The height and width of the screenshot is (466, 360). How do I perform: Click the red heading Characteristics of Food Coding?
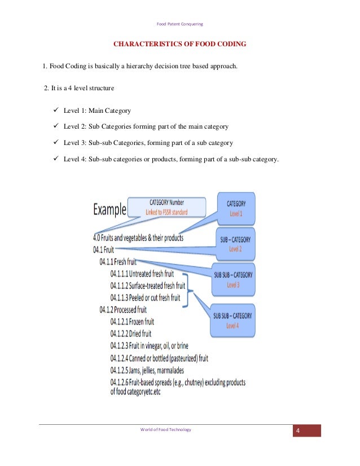click(179, 44)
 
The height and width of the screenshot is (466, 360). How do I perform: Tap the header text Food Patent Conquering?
click(180, 24)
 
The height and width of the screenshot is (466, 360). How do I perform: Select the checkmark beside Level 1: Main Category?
click(56, 110)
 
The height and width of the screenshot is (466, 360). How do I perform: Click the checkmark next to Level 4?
click(56, 159)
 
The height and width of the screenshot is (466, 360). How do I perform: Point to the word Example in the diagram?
click(109, 209)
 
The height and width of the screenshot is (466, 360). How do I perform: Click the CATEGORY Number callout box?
click(167, 207)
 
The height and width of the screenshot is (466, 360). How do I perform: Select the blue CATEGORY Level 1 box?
click(236, 208)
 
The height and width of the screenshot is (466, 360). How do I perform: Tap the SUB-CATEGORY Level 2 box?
click(235, 244)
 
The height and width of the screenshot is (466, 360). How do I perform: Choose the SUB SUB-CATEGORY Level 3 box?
click(234, 279)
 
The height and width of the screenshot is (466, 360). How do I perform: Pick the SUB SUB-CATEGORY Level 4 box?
click(232, 320)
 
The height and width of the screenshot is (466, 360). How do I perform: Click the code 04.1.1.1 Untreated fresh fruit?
click(142, 274)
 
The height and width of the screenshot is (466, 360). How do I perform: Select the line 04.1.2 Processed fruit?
click(123, 310)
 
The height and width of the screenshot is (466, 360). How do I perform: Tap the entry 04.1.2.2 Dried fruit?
click(131, 333)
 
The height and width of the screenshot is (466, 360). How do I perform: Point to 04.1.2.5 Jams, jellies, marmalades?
click(147, 370)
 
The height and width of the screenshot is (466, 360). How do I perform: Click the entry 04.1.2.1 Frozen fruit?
click(132, 322)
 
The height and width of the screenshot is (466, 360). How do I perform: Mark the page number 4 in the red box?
click(298, 430)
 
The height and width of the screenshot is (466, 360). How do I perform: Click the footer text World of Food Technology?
click(165, 429)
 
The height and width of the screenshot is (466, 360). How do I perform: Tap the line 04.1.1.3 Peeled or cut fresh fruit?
click(145, 297)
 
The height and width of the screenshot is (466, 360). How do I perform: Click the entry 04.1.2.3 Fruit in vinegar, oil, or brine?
click(149, 346)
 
